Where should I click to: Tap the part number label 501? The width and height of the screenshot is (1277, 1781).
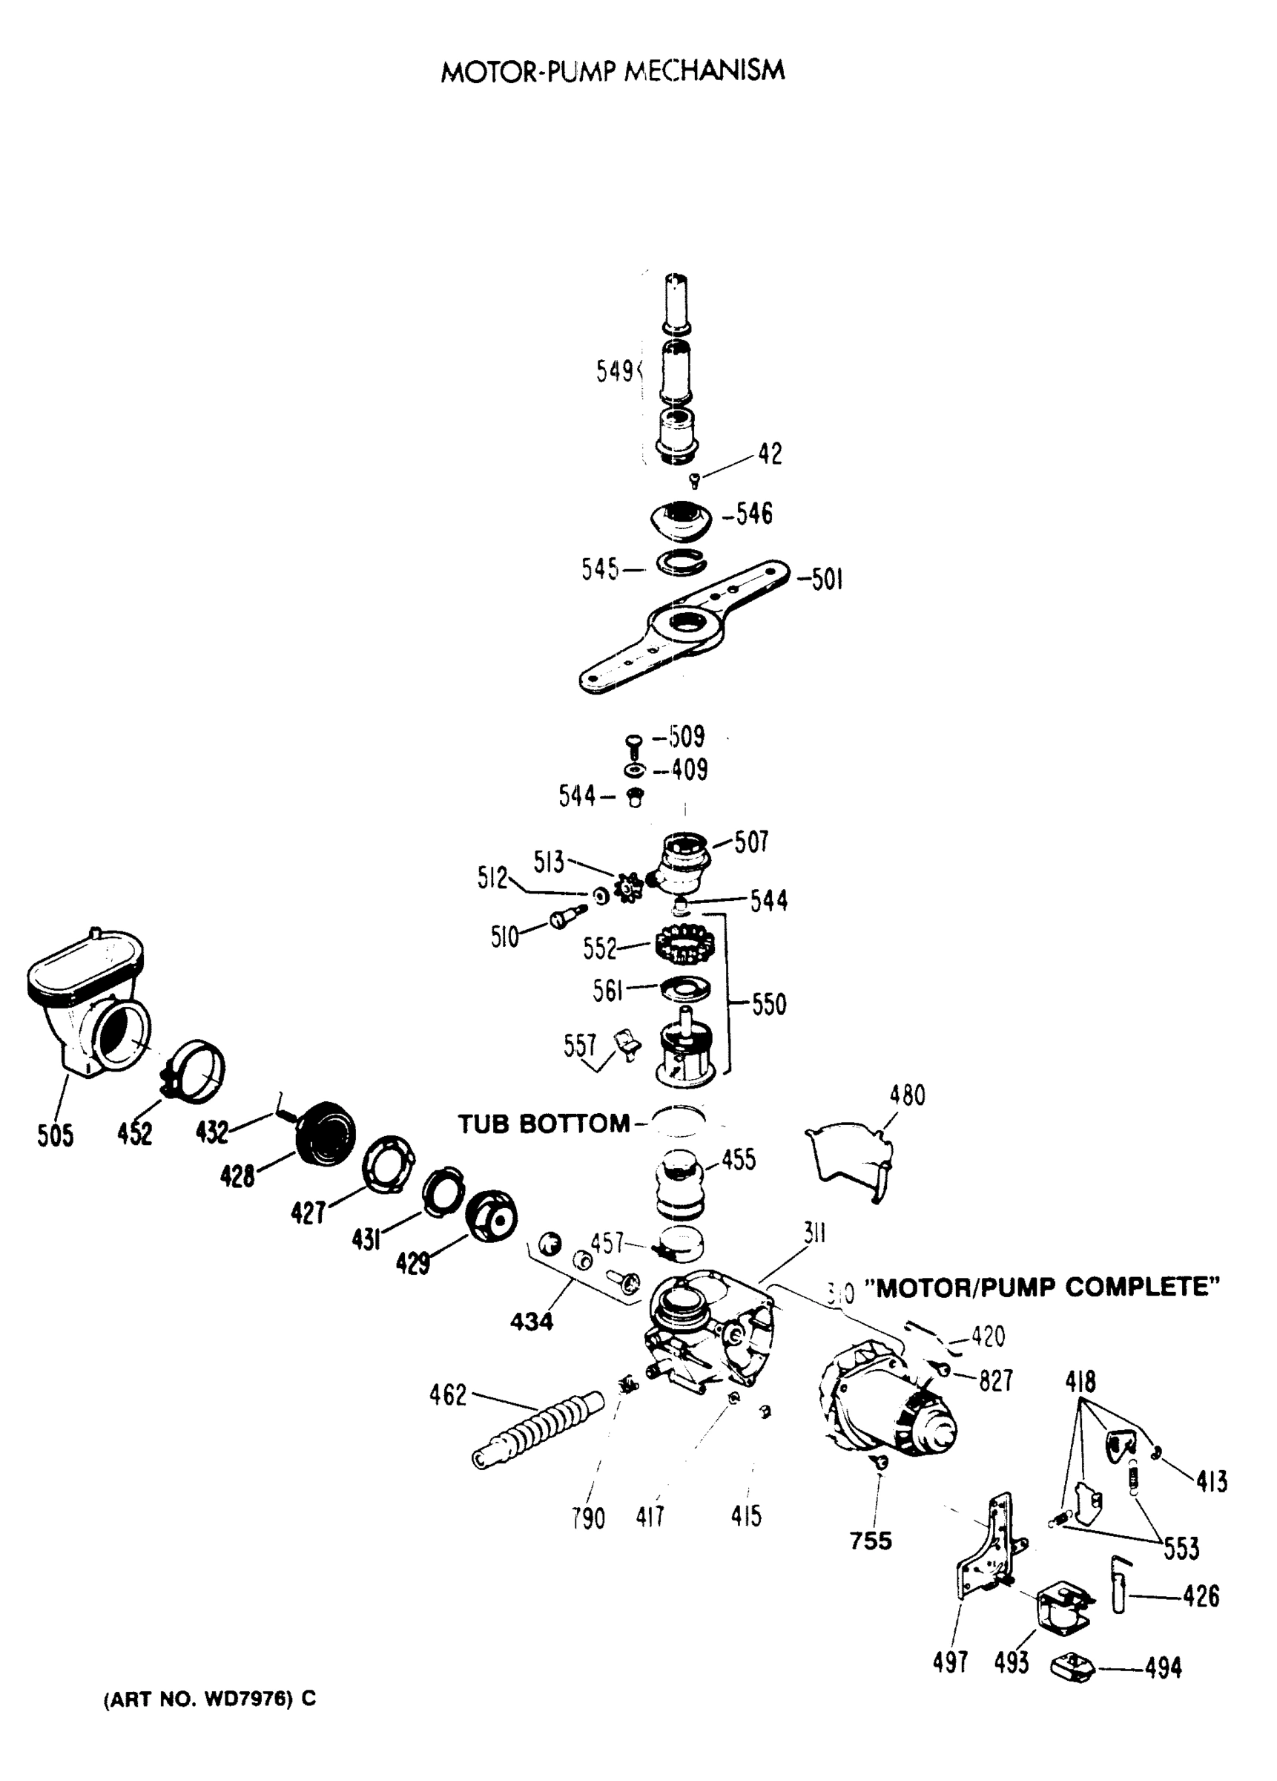pos(821,580)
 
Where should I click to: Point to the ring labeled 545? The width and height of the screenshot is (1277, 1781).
pos(681,563)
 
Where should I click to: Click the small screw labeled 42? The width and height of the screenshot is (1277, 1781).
pos(694,481)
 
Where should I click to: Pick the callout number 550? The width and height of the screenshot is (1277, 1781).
pos(768,1003)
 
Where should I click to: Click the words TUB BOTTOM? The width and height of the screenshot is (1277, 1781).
pos(544,1124)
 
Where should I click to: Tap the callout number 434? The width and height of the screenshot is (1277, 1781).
pos(532,1322)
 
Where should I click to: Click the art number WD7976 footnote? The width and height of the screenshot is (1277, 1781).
pos(210,1699)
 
